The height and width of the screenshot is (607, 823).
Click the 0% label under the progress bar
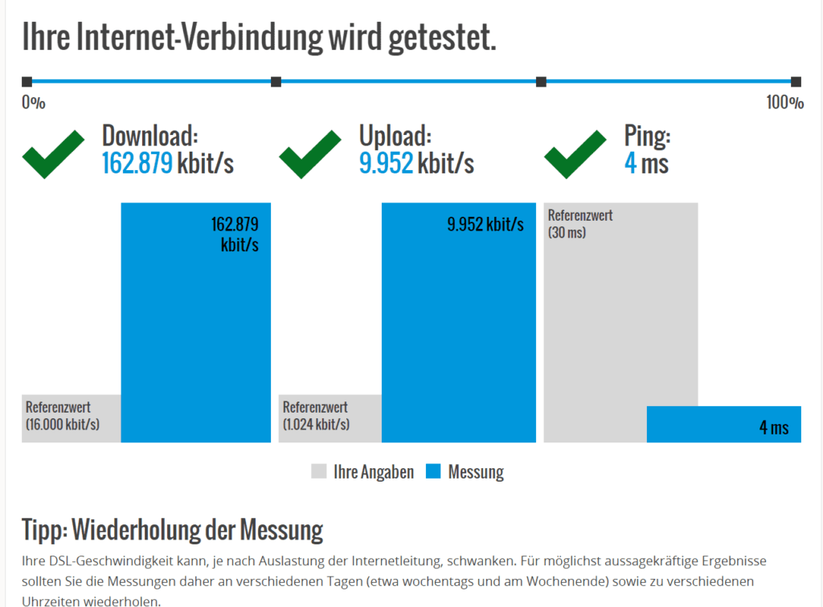pos(33,102)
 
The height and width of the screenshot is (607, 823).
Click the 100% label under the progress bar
pos(784,102)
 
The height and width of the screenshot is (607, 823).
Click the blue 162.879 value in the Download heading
pos(137,164)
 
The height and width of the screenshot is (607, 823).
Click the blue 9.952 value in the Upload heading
pos(386,164)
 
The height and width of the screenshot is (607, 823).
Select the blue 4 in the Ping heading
pos(630,164)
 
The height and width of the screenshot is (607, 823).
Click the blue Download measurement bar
pos(195,337)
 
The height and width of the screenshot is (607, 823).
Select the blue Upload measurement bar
pos(458,337)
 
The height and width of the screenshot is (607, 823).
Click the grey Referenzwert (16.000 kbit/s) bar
pos(71,418)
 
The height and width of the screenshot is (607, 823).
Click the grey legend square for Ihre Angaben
pos(319,471)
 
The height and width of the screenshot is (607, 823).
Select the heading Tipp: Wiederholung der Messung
pos(172,530)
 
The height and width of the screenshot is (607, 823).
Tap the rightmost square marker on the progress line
pos(796,82)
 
